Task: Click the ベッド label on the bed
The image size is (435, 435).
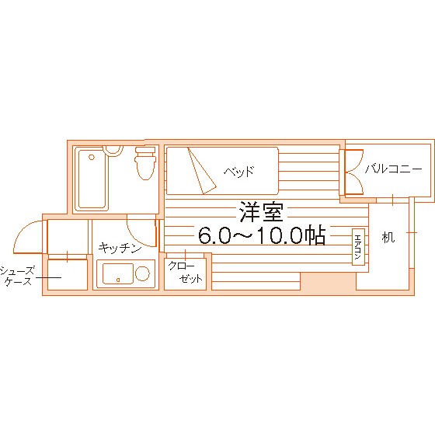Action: coord(238,172)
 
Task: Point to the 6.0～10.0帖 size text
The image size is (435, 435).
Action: coord(261,235)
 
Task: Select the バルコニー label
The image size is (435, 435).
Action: coord(394,168)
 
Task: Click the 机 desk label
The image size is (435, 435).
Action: coord(388,237)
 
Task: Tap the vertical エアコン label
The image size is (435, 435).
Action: coord(358,247)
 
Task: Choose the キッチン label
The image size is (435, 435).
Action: coord(120,249)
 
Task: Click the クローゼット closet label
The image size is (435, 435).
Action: coord(185,272)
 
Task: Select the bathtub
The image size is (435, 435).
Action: coord(92,180)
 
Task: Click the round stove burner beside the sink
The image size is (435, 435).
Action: coord(142,273)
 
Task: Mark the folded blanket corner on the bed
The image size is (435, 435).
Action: coord(199,173)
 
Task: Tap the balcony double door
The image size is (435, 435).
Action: coord(350,172)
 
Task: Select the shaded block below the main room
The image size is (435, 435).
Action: coord(322,282)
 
